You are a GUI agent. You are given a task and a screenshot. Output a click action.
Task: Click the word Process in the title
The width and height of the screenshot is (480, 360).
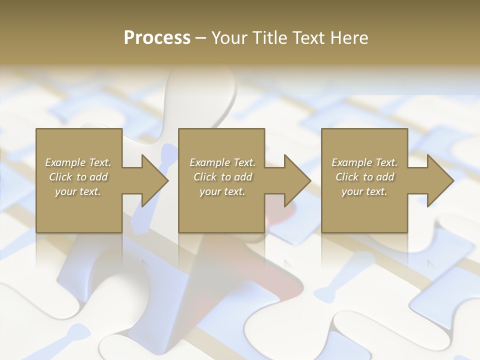(x=157, y=38)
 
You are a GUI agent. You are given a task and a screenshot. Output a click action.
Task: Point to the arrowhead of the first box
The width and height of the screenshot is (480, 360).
(x=153, y=180)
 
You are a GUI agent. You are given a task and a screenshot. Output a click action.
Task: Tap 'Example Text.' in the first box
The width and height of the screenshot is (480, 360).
(x=78, y=162)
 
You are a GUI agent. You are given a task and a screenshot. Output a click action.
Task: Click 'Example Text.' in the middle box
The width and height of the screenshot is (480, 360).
(x=222, y=162)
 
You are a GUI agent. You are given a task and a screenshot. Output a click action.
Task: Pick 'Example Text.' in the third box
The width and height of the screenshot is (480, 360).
(x=364, y=162)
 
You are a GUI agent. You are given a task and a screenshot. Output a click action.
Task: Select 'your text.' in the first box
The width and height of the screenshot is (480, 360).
(x=78, y=191)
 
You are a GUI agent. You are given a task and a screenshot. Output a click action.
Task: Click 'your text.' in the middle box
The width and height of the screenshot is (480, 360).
(x=222, y=191)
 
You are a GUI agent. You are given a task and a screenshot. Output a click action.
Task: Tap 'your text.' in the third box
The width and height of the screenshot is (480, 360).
(x=364, y=191)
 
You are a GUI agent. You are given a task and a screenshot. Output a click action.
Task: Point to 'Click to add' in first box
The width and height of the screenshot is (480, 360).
(x=78, y=177)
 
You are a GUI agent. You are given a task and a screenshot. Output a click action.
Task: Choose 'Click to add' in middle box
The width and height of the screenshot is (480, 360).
(x=222, y=177)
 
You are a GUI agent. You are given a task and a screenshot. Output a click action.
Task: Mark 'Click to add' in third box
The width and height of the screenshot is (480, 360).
(x=365, y=177)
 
